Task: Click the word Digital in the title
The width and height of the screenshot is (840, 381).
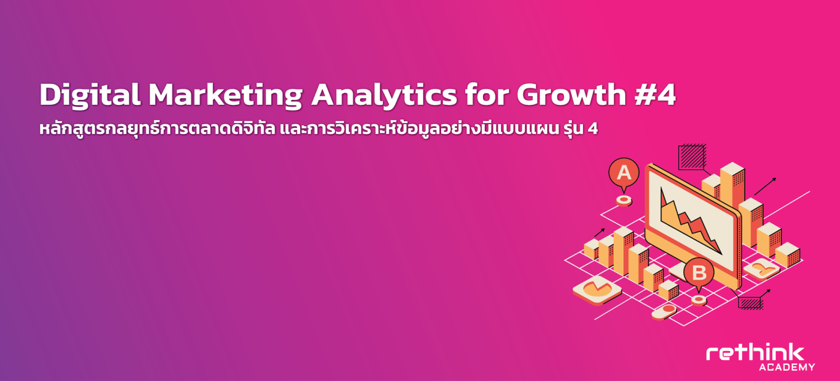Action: click(x=90, y=95)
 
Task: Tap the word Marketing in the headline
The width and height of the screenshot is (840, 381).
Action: click(x=226, y=95)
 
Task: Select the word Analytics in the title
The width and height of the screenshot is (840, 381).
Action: click(x=384, y=95)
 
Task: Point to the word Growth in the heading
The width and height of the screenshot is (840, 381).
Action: click(x=571, y=95)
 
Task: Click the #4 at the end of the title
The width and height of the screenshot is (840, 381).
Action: click(x=655, y=95)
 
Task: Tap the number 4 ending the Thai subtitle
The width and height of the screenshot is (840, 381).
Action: click(x=593, y=129)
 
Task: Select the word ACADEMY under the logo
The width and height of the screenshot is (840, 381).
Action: click(x=787, y=367)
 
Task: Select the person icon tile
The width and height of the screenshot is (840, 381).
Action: click(x=761, y=269)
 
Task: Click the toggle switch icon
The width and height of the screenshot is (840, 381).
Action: click(x=664, y=311)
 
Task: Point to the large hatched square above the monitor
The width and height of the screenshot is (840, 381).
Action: click(x=692, y=157)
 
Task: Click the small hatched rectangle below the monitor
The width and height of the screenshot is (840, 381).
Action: click(x=751, y=303)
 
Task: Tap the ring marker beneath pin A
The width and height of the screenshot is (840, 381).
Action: click(x=624, y=200)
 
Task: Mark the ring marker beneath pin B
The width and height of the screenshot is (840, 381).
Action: click(x=698, y=300)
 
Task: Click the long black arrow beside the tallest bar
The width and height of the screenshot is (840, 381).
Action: click(x=765, y=187)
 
